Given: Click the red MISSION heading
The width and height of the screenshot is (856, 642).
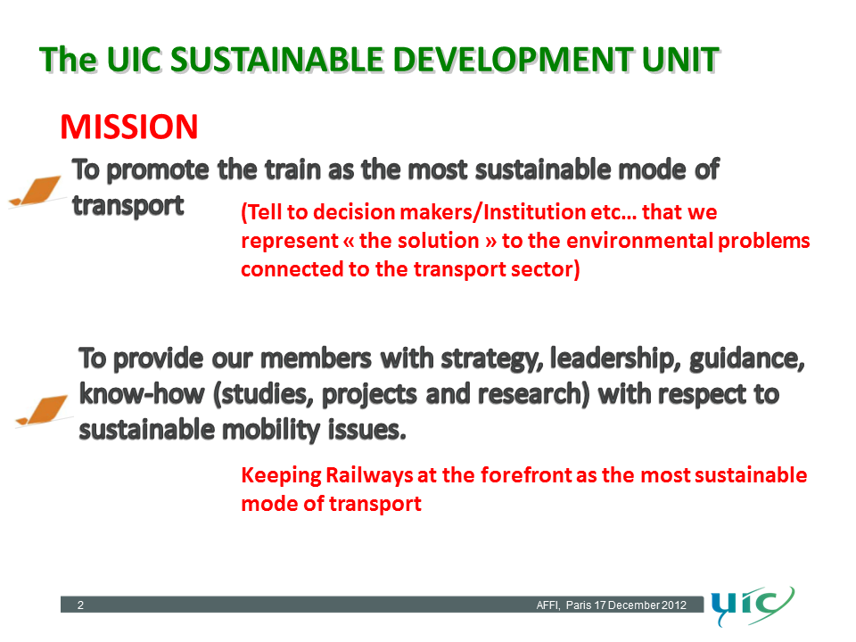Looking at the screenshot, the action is click(128, 127).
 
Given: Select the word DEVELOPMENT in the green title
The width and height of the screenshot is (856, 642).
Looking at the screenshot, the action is click(513, 60).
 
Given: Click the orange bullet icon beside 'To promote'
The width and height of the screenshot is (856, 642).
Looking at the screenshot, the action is click(36, 191).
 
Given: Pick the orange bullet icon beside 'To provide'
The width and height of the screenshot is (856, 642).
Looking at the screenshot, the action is click(43, 410).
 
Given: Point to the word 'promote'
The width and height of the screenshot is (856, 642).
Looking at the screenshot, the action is click(158, 170).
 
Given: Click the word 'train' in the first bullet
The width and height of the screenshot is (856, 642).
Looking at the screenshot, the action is click(292, 169).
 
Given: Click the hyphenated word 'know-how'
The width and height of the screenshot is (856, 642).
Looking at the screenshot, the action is click(142, 393).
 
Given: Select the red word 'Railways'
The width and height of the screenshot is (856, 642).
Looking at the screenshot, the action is click(369, 475).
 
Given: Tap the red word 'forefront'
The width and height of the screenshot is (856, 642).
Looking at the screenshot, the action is click(526, 475).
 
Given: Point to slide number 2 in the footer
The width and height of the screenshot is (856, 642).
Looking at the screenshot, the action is click(80, 605).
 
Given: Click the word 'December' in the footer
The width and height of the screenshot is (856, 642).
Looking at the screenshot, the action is click(634, 605).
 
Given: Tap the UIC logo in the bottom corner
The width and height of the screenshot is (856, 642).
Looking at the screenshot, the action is click(752, 606).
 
